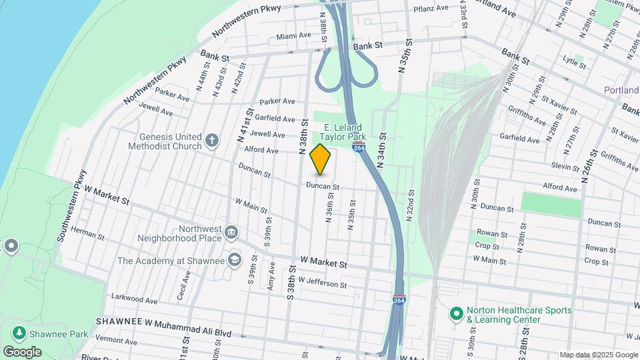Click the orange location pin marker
pos(321,159)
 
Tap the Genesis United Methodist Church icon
pos(212,140)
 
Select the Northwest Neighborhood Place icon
pos(231,231)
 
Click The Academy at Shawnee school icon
pos(234,259)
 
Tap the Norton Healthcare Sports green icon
pos(457,313)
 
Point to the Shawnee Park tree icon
pos(19,331)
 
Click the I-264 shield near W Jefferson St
pos(399,300)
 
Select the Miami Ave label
pos(293,35)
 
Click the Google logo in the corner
pos(22,351)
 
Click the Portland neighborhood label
pos(621,90)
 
